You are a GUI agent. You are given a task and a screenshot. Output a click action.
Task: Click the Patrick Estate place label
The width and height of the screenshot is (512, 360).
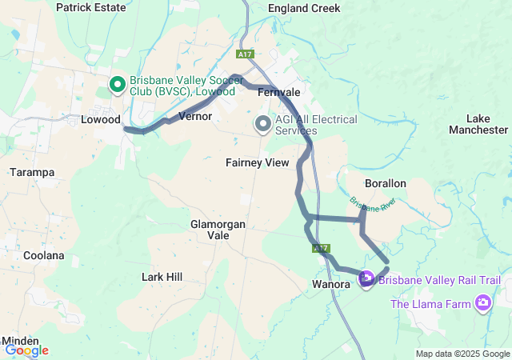pyautogui.click(x=90, y=7)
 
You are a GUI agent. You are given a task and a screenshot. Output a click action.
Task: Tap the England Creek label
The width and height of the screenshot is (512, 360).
pyautogui.click(x=304, y=8)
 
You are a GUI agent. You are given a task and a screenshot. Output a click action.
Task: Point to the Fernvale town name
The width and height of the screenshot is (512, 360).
pyautogui.click(x=278, y=92)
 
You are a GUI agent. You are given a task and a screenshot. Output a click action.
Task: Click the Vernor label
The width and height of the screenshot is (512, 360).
pyautogui.click(x=195, y=116)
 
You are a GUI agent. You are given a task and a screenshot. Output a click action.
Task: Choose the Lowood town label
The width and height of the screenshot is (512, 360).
pyautogui.click(x=101, y=119)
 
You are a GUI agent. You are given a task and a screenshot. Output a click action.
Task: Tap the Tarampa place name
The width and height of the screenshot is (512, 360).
pyautogui.click(x=32, y=172)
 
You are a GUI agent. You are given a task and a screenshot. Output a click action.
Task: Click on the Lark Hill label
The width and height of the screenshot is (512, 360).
pyautogui.click(x=162, y=277)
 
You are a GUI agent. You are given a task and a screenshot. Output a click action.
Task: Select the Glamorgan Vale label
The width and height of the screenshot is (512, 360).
pyautogui.click(x=218, y=230)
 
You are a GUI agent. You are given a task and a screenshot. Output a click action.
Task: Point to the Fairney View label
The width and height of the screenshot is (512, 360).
pyautogui.click(x=257, y=162)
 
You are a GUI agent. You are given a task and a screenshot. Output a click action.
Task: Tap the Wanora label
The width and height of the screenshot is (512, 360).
pyautogui.click(x=330, y=283)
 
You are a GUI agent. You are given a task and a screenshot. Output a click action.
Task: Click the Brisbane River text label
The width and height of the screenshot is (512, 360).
pyautogui.click(x=373, y=204)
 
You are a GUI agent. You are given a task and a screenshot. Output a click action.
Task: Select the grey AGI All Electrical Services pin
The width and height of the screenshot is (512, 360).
pyautogui.click(x=262, y=124)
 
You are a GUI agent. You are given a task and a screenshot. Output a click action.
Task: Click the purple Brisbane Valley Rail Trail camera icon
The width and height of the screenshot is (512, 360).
pyautogui.click(x=366, y=279)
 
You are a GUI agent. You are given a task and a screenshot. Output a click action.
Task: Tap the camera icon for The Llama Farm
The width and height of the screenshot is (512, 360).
pyautogui.click(x=483, y=303)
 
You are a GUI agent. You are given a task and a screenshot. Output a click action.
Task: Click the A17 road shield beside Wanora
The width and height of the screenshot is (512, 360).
pyautogui.click(x=322, y=250)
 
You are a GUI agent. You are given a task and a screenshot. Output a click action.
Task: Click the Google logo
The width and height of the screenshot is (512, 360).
pyautogui.click(x=26, y=350)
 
